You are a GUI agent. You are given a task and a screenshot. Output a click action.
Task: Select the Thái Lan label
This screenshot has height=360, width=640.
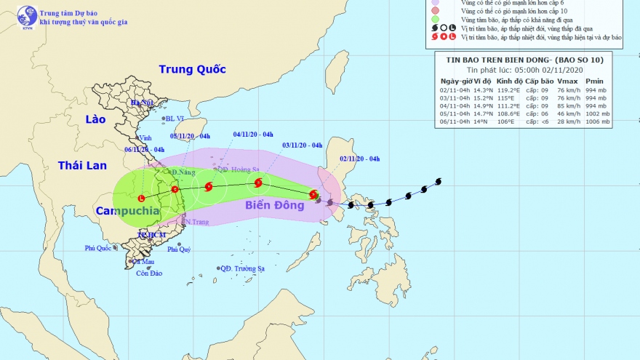point(82,166)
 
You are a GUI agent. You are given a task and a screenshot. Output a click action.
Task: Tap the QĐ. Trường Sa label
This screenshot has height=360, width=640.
point(242,268)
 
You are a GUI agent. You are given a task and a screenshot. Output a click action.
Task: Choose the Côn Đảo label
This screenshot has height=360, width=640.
point(148,273)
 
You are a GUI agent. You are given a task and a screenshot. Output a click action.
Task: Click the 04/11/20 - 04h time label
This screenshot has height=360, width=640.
point(253,134)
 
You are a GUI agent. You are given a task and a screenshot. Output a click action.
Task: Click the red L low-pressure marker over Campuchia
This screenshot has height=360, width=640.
point(141,198)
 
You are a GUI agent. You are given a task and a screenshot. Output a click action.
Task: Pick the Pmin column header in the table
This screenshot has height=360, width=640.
point(597,81)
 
